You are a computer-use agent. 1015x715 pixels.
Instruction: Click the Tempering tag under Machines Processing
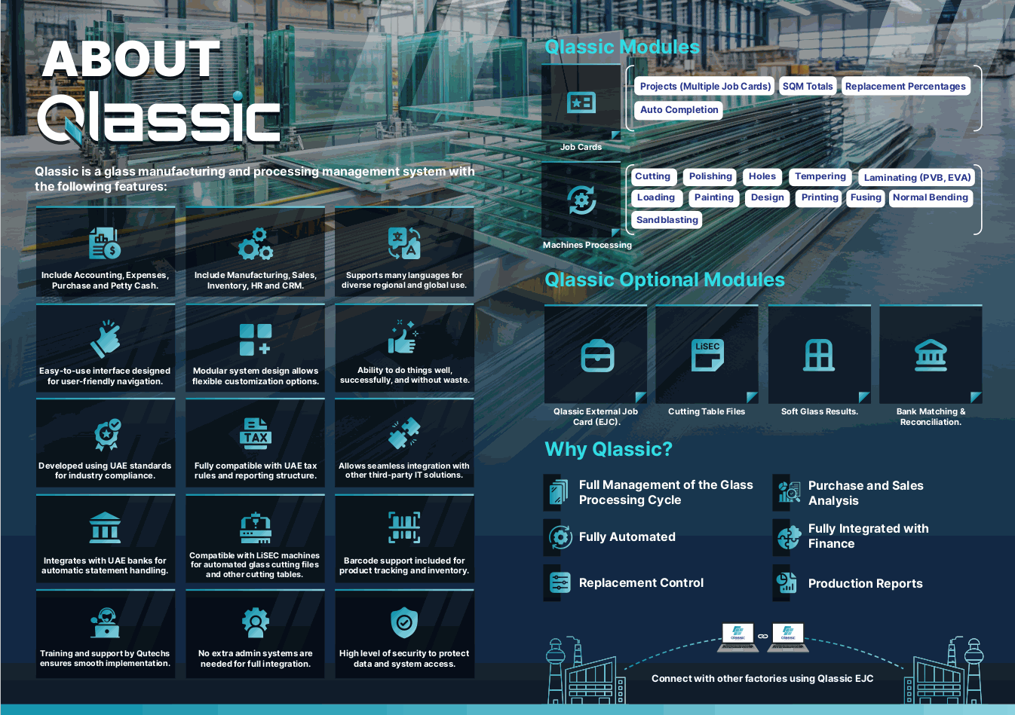pyautogui.click(x=820, y=176)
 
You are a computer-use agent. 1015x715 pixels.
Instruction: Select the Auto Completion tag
pyautogui.click(x=679, y=109)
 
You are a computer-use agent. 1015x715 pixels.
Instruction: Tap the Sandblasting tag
pyautogui.click(x=667, y=219)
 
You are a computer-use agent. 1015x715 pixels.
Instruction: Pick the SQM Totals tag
pyautogui.click(x=808, y=86)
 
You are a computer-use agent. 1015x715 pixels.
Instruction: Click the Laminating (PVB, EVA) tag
pyautogui.click(x=917, y=177)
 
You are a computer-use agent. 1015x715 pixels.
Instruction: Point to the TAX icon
pyautogui.click(x=256, y=433)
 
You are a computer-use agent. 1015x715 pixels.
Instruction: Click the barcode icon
pyautogui.click(x=404, y=527)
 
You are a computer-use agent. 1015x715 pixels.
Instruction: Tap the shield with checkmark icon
pyautogui.click(x=404, y=622)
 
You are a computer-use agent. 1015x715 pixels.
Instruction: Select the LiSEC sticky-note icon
pyautogui.click(x=707, y=355)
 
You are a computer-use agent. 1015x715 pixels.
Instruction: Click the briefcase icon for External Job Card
pyautogui.click(x=597, y=356)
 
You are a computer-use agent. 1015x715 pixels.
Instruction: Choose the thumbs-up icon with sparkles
pyautogui.click(x=403, y=337)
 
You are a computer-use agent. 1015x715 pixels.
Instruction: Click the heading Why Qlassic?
pyautogui.click(x=608, y=449)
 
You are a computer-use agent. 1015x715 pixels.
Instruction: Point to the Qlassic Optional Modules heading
pyautogui.click(x=664, y=280)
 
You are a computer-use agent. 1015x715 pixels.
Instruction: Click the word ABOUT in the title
pyautogui.click(x=131, y=59)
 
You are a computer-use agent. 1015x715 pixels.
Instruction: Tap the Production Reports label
pyautogui.click(x=865, y=583)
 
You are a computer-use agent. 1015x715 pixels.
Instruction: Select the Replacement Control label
pyautogui.click(x=641, y=582)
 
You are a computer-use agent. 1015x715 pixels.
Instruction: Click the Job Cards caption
pyautogui.click(x=581, y=147)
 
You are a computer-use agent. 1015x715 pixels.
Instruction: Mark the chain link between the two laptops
pyautogui.click(x=763, y=636)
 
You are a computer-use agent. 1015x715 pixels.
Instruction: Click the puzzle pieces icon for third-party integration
pyautogui.click(x=404, y=433)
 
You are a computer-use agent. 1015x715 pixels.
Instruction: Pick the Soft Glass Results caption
pyautogui.click(x=819, y=411)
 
